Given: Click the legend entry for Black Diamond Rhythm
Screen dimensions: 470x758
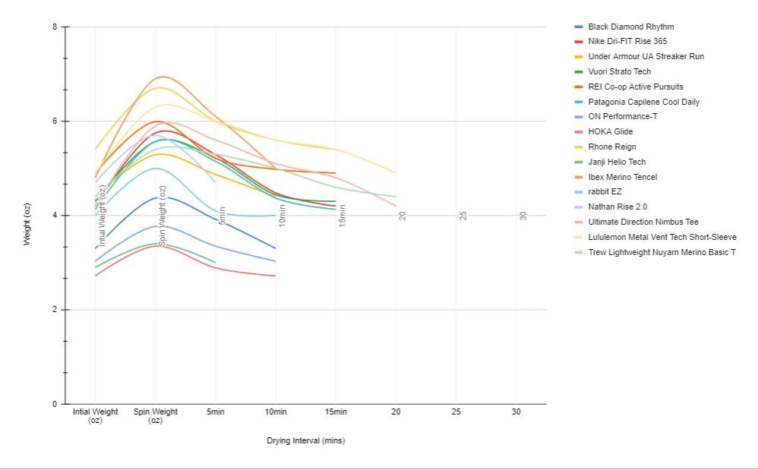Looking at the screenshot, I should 630,27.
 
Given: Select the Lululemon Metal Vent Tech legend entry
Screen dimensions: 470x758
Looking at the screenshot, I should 662,237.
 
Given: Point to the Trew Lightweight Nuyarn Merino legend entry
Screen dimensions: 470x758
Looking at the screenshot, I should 662,252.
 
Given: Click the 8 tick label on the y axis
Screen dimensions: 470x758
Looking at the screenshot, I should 55,27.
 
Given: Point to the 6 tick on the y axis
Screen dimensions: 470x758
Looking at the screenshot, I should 55,121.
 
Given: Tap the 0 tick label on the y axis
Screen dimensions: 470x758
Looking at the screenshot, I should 55,404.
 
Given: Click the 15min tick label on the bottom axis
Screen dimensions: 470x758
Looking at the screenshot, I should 336,412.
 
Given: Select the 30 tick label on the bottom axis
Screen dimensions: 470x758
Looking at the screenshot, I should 516,412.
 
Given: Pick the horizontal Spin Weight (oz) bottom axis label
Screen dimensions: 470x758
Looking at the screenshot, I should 156,416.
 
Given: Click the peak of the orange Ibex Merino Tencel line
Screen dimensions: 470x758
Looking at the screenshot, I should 163,77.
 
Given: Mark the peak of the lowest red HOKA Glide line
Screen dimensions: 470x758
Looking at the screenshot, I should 158,245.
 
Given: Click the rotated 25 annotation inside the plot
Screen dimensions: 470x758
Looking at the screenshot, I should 463,216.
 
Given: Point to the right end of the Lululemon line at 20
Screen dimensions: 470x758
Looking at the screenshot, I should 395,172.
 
